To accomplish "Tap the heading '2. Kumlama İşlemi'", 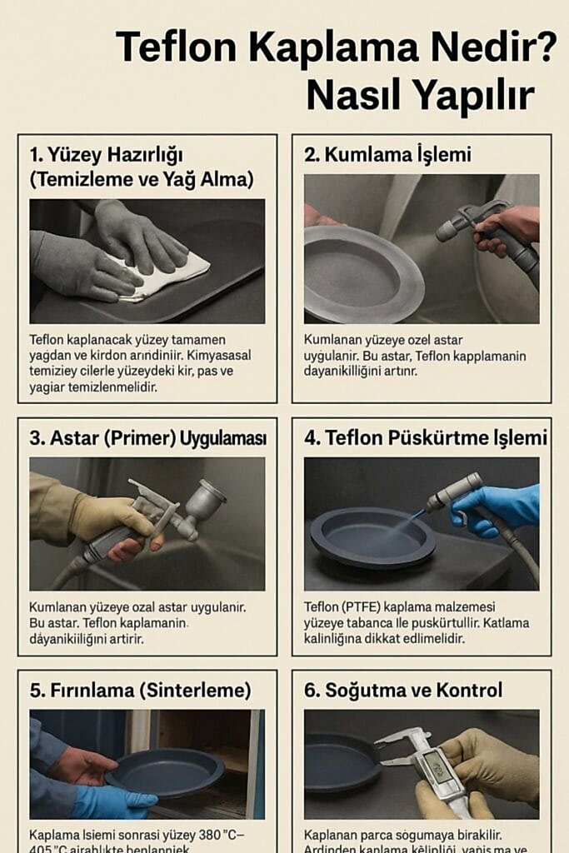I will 387,154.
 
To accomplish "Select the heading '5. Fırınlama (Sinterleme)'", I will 140,690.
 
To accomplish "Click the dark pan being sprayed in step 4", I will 372,537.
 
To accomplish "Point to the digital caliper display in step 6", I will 438,764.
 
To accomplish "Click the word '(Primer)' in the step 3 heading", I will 154,438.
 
